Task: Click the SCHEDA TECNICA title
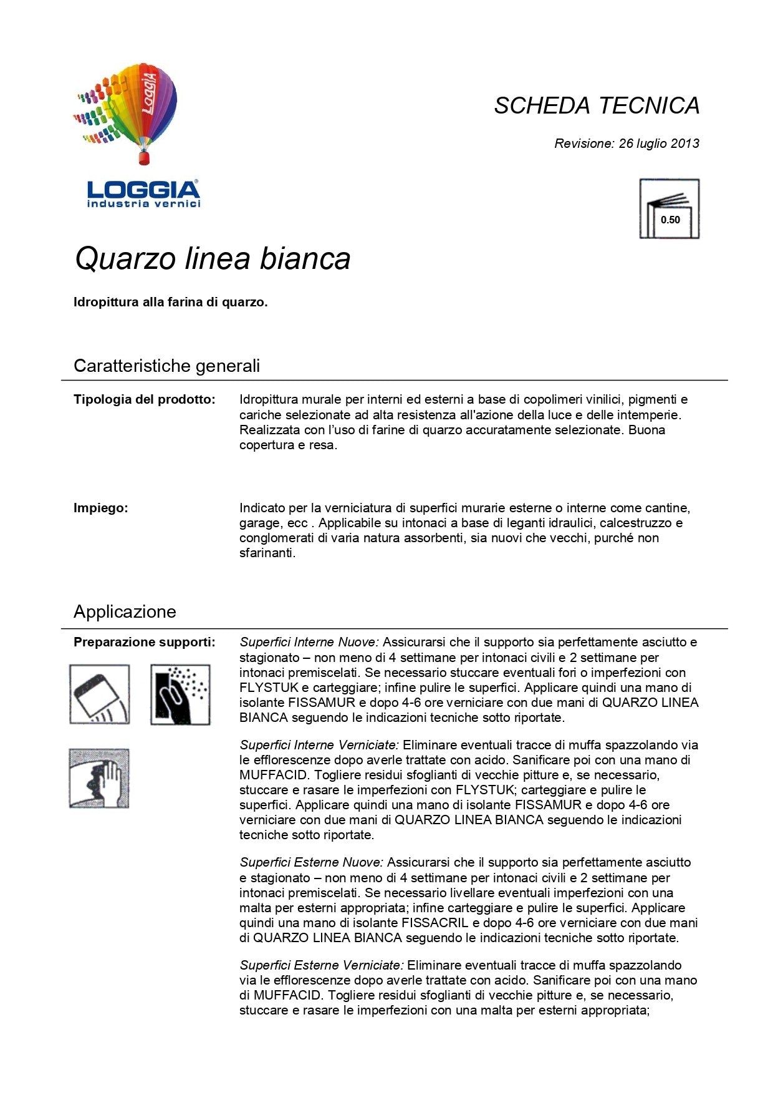(x=597, y=105)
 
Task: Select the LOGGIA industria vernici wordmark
(x=143, y=194)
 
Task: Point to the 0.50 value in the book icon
(x=670, y=220)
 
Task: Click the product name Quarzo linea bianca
(x=213, y=258)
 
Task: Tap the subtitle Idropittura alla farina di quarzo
(x=170, y=302)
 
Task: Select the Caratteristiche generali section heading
(x=166, y=366)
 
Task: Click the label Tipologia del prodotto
(x=145, y=399)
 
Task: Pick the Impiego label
(x=100, y=508)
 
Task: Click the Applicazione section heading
(x=125, y=611)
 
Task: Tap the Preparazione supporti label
(x=145, y=642)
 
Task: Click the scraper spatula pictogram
(x=100, y=694)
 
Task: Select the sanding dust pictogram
(x=180, y=694)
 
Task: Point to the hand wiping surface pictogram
(x=99, y=779)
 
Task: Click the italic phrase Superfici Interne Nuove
(x=309, y=642)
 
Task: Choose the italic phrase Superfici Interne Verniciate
(x=319, y=745)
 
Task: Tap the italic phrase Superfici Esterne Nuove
(x=311, y=862)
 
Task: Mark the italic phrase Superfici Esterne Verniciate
(x=322, y=965)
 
